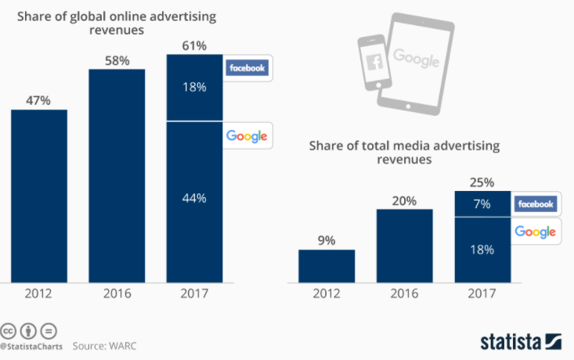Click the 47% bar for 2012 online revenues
click(38, 196)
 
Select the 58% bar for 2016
click(117, 176)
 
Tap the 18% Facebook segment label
click(194, 87)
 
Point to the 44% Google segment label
click(194, 198)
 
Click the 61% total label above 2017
click(194, 46)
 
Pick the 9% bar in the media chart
click(326, 266)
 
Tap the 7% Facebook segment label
click(482, 203)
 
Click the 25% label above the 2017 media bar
click(482, 182)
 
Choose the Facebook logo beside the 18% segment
click(247, 68)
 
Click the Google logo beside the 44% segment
click(247, 136)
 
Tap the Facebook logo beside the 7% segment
click(536, 204)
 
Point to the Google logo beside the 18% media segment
click(536, 232)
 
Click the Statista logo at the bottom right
click(521, 342)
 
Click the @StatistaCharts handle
click(31, 345)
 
